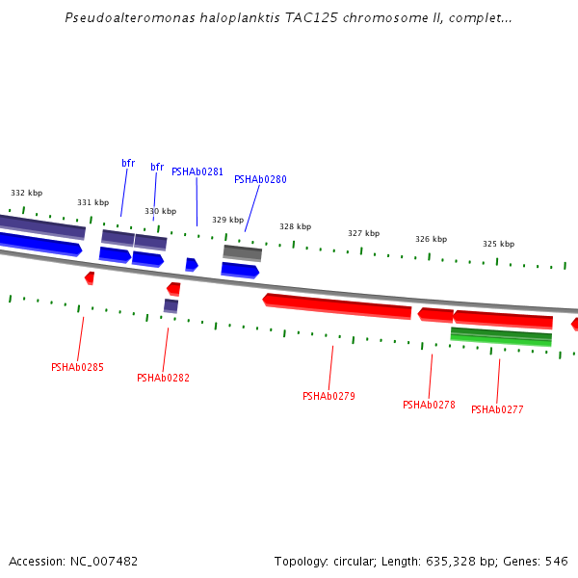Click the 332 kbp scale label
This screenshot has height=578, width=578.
[26, 193]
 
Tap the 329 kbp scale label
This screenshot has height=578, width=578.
[227, 220]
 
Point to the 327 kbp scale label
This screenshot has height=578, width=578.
[363, 233]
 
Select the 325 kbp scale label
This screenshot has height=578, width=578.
[498, 244]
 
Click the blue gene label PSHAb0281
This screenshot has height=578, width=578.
[197, 171]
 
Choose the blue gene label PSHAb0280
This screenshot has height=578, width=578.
[260, 179]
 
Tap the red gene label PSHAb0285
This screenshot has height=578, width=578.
[77, 367]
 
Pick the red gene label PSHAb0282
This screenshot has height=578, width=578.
[163, 378]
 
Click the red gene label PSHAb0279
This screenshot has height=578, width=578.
[328, 396]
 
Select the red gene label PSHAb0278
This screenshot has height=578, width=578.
[429, 405]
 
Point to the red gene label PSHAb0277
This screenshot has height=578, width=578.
[497, 409]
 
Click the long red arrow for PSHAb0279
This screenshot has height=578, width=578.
[337, 305]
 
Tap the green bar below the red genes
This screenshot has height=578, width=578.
[501, 336]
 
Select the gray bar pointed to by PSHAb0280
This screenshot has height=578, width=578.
[243, 252]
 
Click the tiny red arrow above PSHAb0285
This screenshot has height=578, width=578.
[90, 277]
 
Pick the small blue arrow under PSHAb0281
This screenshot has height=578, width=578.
[192, 264]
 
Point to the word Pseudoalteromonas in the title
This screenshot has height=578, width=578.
[122, 17]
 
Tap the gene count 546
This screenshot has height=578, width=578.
[557, 561]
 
